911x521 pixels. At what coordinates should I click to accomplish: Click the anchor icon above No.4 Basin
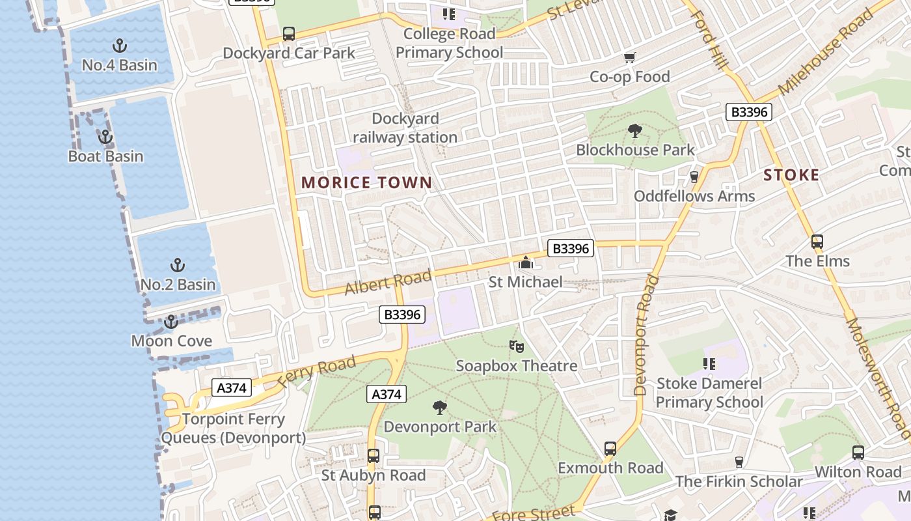click(119, 46)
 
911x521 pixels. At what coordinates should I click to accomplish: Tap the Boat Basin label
click(105, 156)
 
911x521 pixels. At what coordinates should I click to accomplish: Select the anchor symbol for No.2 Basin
click(177, 265)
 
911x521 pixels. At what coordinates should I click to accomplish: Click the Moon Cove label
click(172, 341)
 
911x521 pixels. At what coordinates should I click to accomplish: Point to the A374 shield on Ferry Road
click(232, 388)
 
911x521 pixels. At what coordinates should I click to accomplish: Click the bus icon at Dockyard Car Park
click(289, 34)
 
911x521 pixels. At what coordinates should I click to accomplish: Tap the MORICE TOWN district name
click(367, 183)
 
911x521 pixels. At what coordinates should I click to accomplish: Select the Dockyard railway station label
click(405, 128)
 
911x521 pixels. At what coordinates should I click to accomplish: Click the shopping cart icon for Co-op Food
click(629, 59)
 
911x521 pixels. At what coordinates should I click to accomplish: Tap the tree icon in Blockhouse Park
click(634, 131)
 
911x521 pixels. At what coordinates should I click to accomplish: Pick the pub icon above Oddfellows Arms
click(694, 177)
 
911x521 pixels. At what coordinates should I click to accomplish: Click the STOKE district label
click(791, 175)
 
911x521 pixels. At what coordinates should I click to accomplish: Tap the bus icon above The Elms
click(817, 242)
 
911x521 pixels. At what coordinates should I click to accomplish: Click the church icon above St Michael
click(525, 263)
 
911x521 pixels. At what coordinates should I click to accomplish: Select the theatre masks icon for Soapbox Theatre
click(517, 346)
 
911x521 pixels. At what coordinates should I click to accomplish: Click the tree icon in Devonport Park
click(440, 408)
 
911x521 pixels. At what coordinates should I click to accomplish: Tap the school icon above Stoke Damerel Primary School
click(709, 364)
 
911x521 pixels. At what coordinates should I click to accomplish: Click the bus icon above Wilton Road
click(858, 453)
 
